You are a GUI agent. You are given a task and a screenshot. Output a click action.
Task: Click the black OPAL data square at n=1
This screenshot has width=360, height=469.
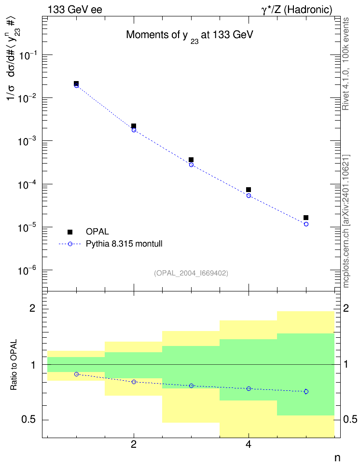point(76,83)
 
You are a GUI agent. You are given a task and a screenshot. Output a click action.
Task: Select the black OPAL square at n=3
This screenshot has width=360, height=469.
point(191,160)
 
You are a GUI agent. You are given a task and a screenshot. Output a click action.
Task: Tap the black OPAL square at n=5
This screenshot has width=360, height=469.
point(306,218)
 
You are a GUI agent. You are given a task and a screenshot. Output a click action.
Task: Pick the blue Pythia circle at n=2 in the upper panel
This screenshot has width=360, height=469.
point(134,130)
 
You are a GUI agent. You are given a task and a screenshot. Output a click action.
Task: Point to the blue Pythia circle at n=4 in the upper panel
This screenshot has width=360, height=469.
point(249,195)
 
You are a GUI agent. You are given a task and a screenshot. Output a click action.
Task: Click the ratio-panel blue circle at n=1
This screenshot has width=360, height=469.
point(76,374)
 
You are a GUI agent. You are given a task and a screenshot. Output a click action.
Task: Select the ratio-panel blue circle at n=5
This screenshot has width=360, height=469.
point(306,391)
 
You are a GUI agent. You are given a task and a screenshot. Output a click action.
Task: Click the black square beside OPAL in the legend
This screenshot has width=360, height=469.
point(70,232)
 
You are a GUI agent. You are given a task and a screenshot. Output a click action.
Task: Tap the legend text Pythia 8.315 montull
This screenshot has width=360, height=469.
point(124,244)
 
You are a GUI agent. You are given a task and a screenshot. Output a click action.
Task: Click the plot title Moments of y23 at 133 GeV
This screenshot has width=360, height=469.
point(190,36)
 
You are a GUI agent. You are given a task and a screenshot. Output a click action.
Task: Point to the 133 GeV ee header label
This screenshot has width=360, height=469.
point(75,10)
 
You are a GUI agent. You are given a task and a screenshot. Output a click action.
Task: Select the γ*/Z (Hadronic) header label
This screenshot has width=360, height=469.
point(297,10)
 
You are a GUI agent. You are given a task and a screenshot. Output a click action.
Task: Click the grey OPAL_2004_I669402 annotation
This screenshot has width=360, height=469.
point(191,273)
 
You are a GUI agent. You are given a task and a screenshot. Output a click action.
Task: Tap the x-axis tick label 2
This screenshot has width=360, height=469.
point(134,444)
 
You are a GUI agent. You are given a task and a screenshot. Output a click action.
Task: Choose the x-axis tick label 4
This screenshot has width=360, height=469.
point(249,444)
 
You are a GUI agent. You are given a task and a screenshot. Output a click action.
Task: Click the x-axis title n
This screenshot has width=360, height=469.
point(337,458)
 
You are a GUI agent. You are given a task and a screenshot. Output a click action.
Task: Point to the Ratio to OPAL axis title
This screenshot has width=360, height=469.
point(14,365)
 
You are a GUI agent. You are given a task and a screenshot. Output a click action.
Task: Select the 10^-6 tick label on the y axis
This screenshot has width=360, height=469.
point(27,270)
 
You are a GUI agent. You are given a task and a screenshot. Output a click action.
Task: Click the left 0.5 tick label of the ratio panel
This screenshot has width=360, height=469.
point(28,420)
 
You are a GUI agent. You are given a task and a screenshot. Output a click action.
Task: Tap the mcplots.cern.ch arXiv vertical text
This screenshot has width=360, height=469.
point(346,221)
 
